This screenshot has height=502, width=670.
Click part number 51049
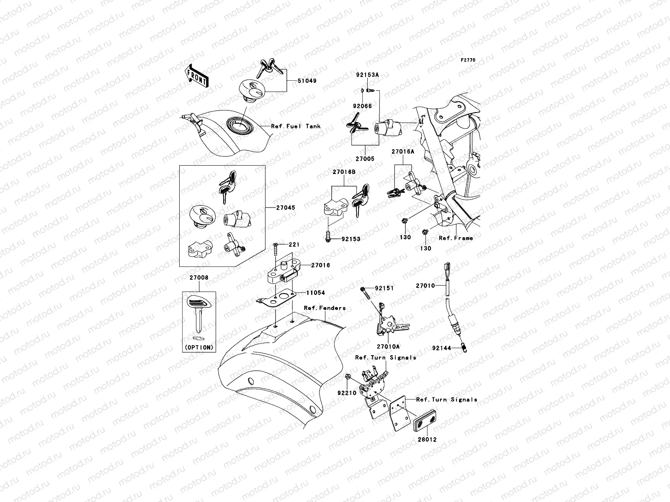(x=307, y=81)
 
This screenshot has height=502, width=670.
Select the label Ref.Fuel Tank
(x=296, y=126)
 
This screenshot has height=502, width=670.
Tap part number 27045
(x=285, y=207)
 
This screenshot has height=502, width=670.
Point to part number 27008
(x=199, y=278)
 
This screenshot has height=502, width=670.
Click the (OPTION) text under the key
(x=199, y=347)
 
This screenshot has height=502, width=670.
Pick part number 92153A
(x=367, y=75)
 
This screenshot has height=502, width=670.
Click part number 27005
(x=365, y=159)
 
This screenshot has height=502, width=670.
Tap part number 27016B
(x=344, y=172)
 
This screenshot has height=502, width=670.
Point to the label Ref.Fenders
(x=325, y=308)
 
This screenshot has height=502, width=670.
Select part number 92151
(x=384, y=288)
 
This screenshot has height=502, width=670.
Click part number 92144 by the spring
(x=442, y=347)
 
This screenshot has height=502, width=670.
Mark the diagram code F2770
(x=468, y=60)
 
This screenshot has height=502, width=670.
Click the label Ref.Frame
(x=456, y=238)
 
